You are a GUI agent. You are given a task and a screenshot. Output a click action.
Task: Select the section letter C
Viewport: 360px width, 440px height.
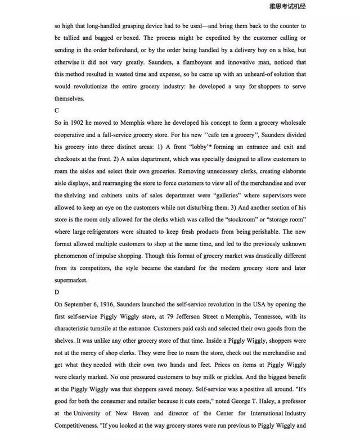point(57,111)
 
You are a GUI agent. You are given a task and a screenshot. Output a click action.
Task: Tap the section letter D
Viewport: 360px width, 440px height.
point(57,292)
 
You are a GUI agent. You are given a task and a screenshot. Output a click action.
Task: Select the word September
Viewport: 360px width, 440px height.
point(83,304)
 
